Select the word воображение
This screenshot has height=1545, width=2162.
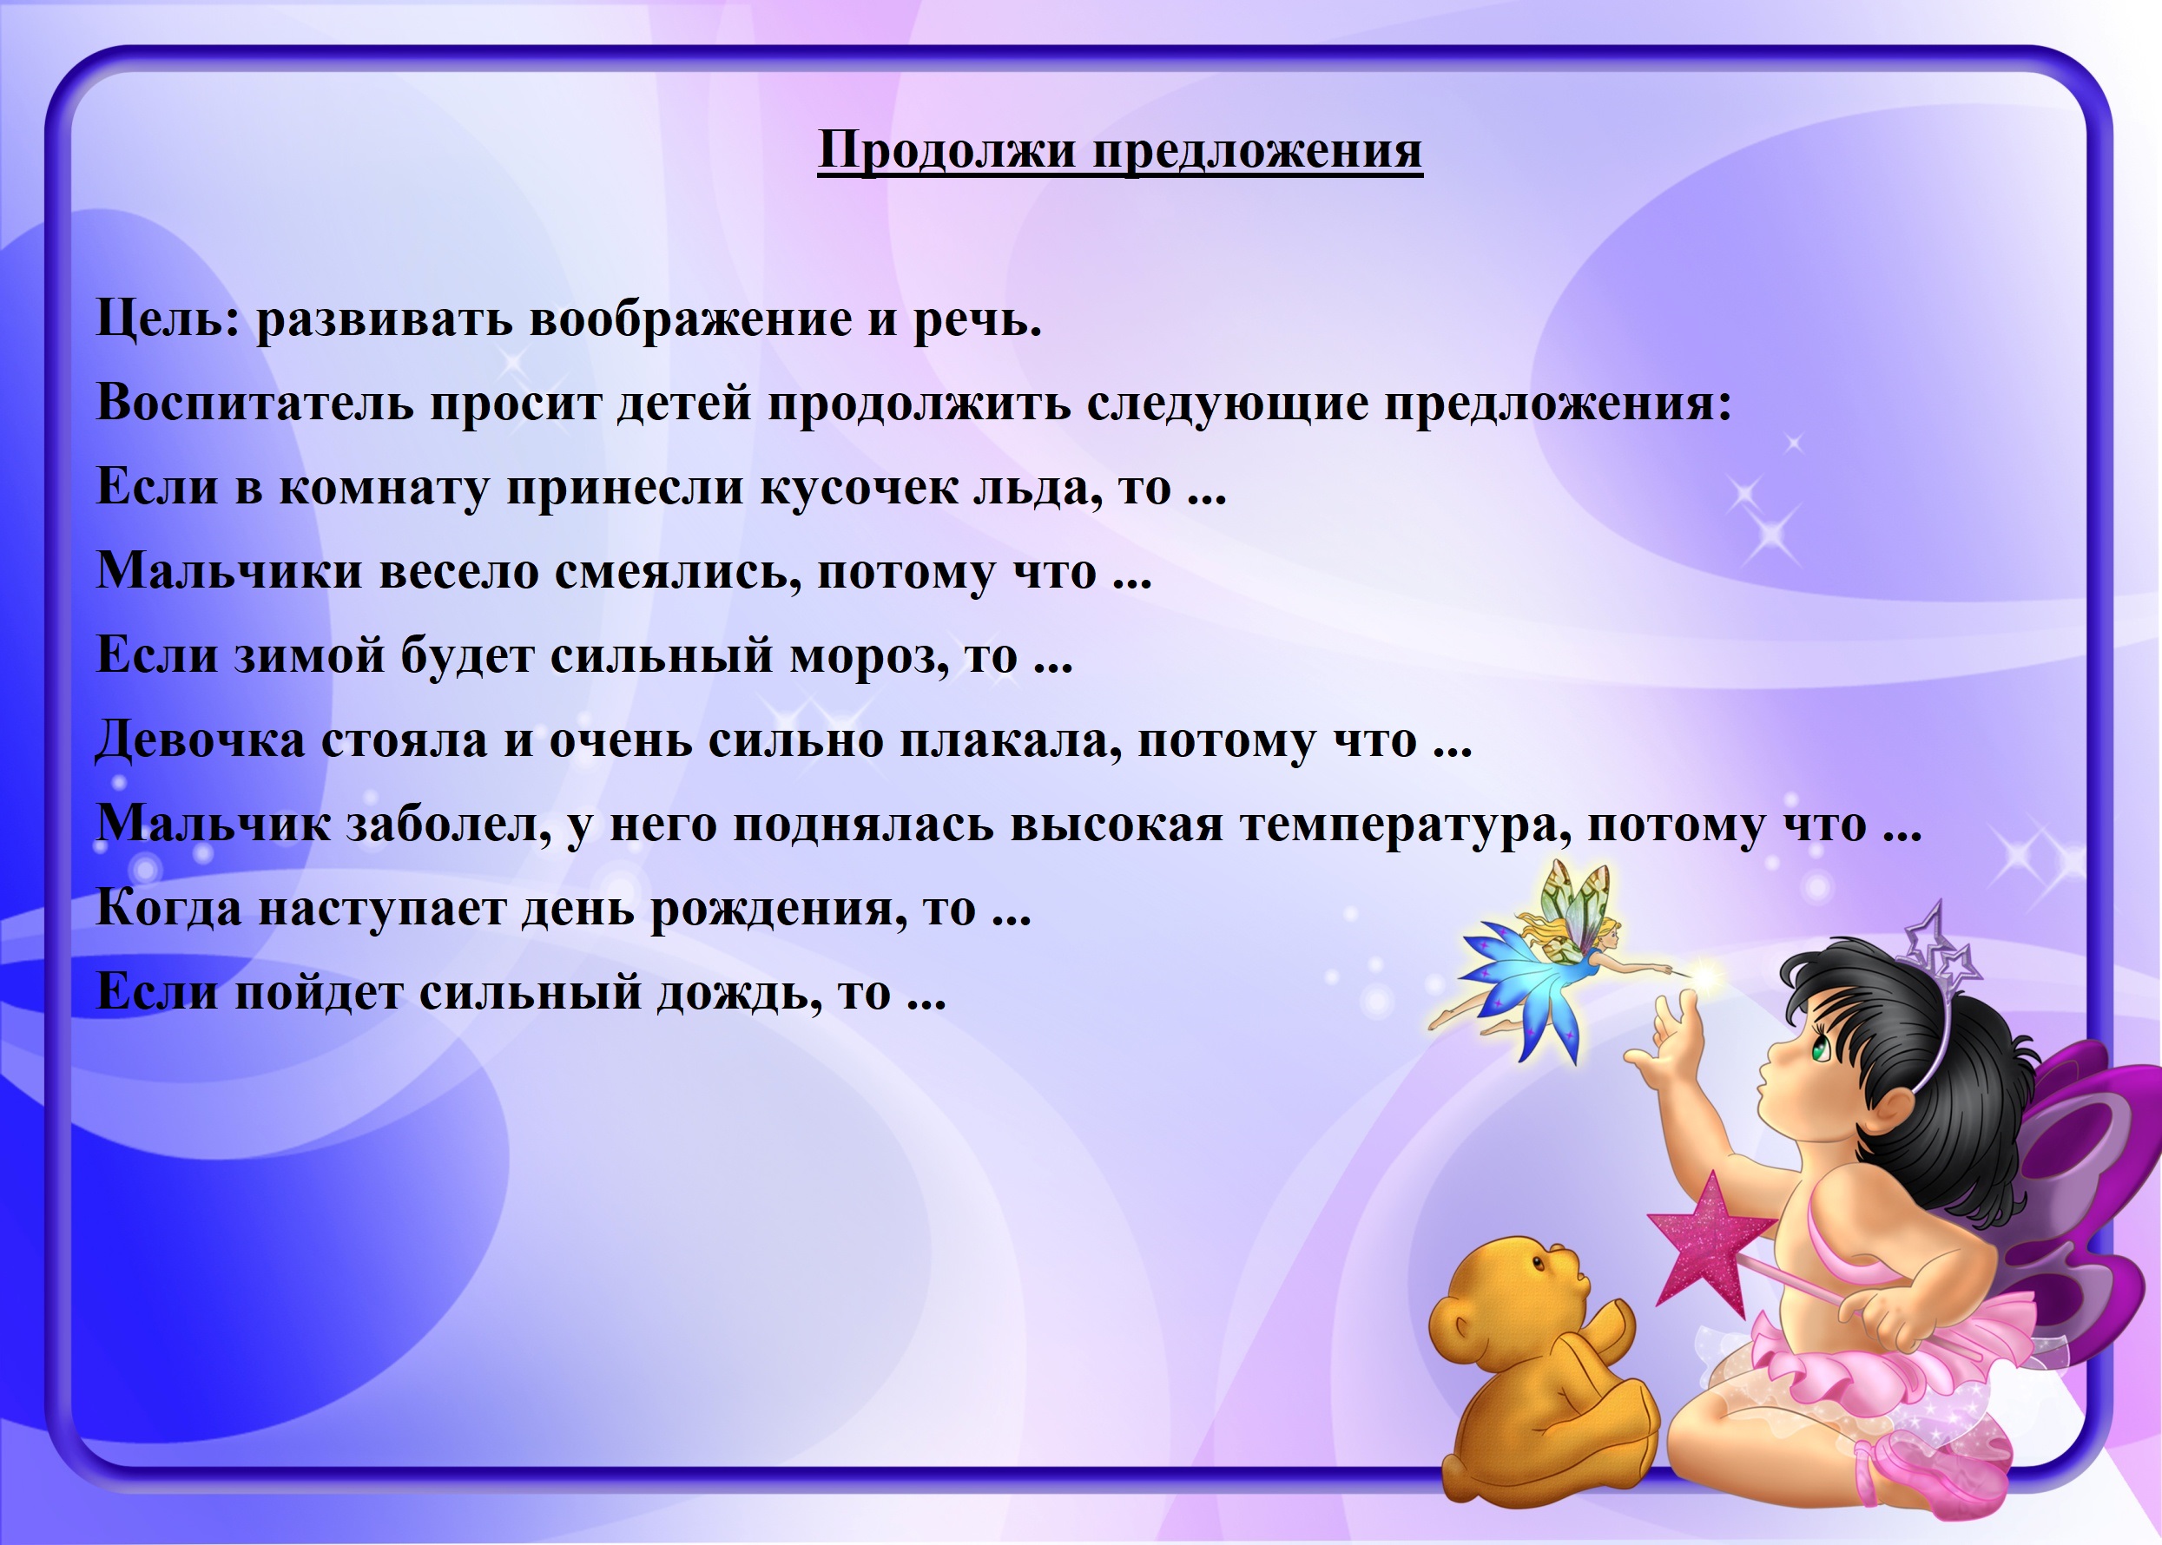click(x=690, y=319)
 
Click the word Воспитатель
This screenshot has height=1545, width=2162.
click(x=255, y=403)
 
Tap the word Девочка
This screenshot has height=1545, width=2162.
click(x=201, y=740)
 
